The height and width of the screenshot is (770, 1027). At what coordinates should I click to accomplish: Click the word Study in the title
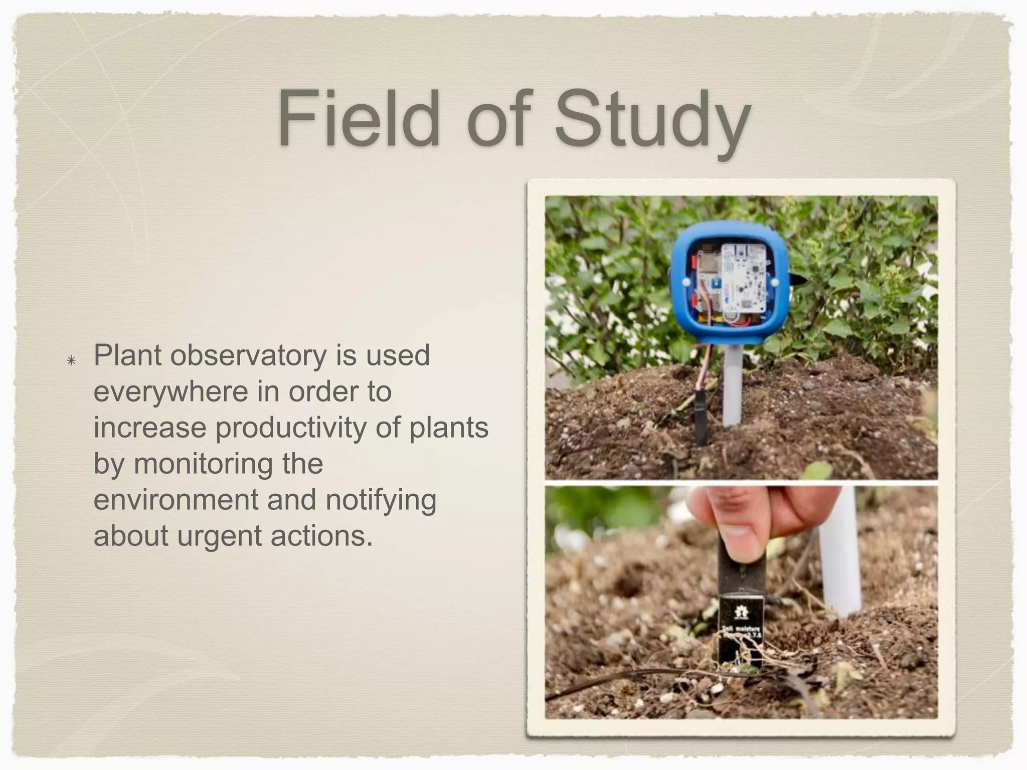coord(652,120)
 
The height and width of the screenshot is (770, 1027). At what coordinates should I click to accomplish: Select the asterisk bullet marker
coord(71,360)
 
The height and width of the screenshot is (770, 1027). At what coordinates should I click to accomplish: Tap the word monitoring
coord(228,464)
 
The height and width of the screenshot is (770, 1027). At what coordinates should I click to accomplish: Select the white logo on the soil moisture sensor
coord(740,612)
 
